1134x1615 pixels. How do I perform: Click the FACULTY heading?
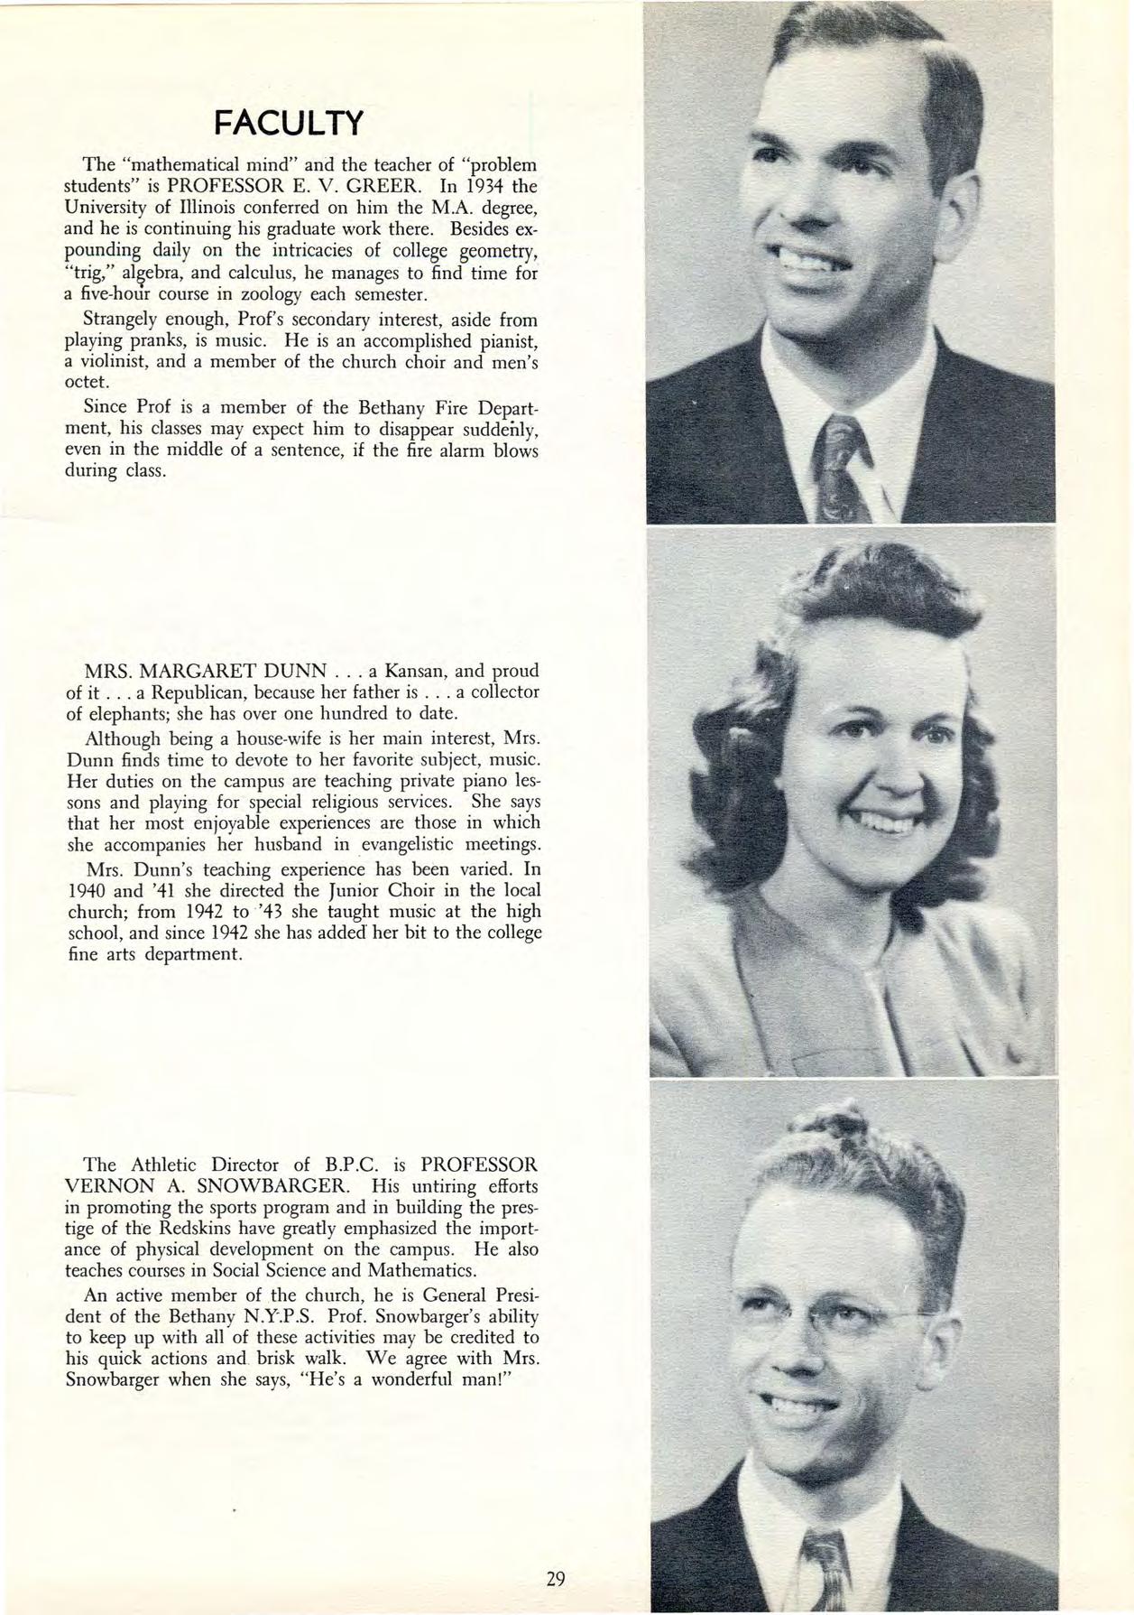pos(285,122)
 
